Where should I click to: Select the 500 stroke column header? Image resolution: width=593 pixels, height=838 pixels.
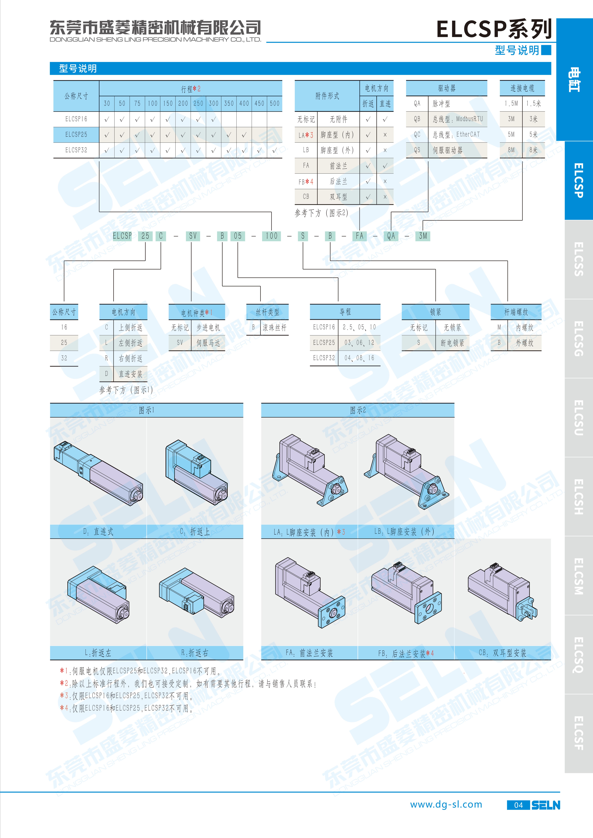pos(275,103)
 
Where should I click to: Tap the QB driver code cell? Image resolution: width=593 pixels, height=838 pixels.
pos(417,119)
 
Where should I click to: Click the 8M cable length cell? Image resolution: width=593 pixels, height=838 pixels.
pos(511,150)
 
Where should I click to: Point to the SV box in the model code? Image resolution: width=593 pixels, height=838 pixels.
pos(193,236)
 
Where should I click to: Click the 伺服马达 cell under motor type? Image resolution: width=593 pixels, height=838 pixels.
pos(208,343)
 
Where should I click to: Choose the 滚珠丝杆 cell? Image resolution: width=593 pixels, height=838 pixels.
pos(275,327)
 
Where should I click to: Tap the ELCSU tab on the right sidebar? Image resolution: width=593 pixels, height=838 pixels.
pos(579,418)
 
